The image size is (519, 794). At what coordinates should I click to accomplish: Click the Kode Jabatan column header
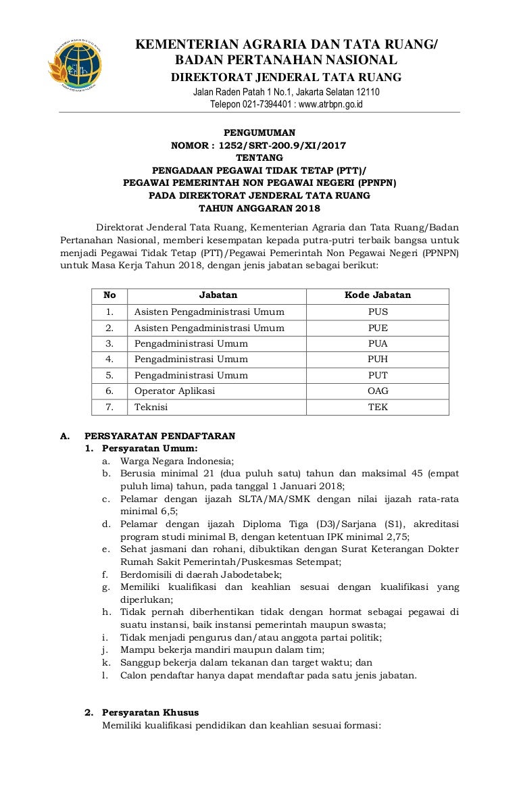(378, 295)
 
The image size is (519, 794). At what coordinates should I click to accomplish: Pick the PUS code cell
(378, 312)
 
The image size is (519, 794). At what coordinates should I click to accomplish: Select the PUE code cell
(378, 328)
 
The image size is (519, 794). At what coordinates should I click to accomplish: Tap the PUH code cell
(378, 359)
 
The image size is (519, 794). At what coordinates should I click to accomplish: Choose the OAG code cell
(378, 391)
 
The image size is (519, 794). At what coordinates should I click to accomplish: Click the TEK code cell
(378, 407)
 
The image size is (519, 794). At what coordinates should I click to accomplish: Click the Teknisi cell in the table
(151, 407)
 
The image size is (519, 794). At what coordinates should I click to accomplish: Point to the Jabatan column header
(218, 295)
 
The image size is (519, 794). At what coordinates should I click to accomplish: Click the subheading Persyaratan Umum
(150, 448)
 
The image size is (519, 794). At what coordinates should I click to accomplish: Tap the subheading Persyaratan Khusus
(150, 712)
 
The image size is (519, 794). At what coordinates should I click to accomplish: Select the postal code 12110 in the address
(366, 92)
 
